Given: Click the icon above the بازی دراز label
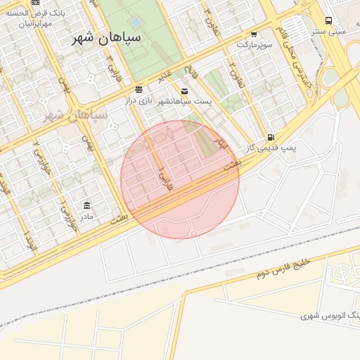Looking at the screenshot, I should coord(139,90).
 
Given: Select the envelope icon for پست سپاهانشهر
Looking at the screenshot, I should coord(184,91).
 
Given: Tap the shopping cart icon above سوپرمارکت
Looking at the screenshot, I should coord(254,34).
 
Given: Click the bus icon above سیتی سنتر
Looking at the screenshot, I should coord(329,20).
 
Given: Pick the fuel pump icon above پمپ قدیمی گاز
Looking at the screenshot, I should coord(271,137).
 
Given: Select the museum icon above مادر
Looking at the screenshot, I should coord(86,205).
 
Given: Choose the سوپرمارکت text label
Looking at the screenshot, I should coord(253,44).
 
